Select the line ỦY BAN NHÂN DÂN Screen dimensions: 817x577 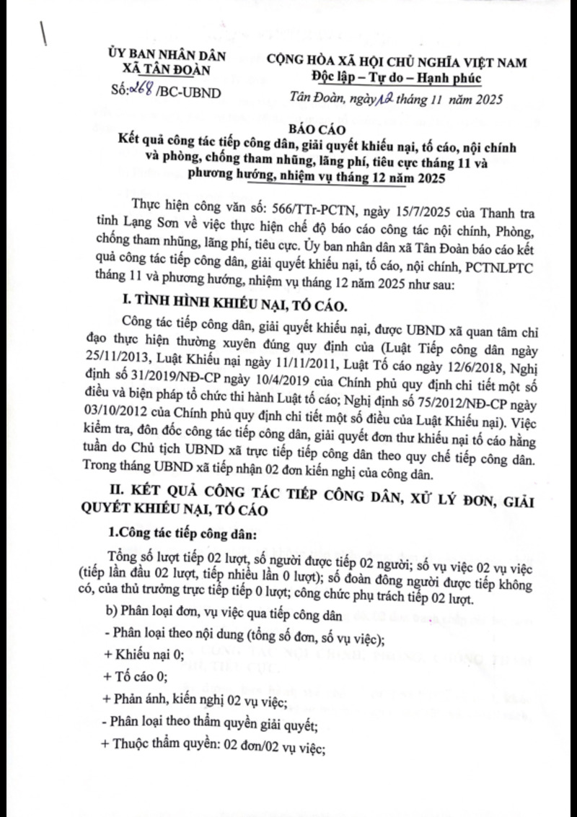[166, 54]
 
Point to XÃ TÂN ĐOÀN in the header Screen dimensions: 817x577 [166, 69]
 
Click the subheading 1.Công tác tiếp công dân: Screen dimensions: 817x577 [177, 534]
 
